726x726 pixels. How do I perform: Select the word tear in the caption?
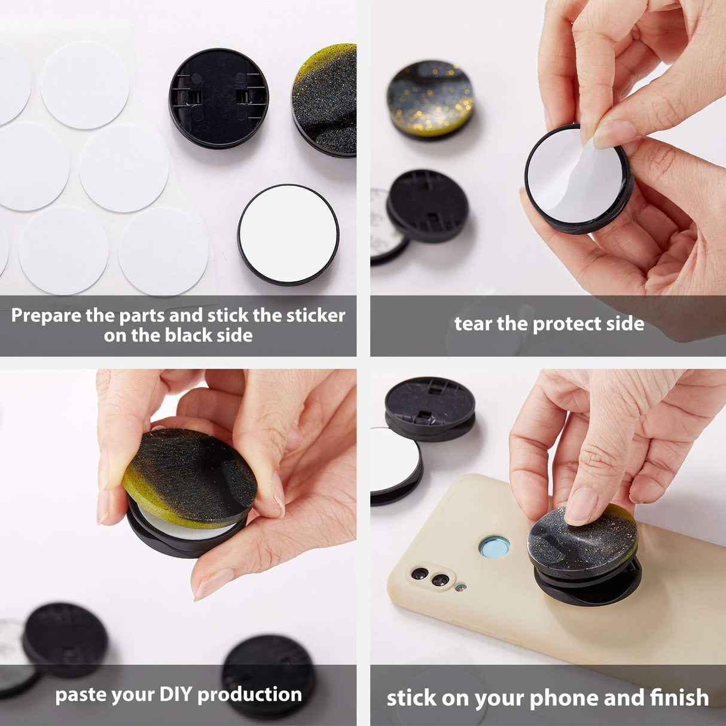pyautogui.click(x=473, y=324)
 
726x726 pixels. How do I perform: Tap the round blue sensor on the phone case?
pyautogui.click(x=495, y=547)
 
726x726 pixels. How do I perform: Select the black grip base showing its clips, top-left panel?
pyautogui.click(x=219, y=98)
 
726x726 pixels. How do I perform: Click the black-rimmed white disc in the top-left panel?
pyautogui.click(x=288, y=234)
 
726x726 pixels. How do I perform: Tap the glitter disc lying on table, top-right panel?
pyautogui.click(x=430, y=99)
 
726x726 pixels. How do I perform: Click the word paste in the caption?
pyautogui.click(x=78, y=695)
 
